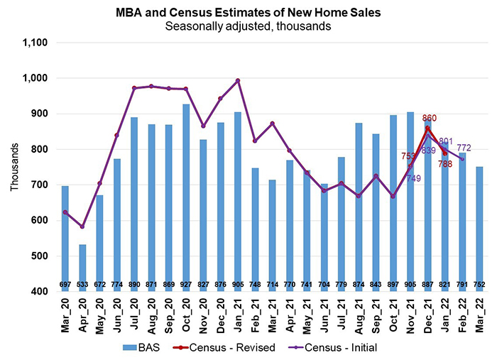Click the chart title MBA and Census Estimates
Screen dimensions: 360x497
point(248,12)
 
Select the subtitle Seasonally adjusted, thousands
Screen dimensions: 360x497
point(248,26)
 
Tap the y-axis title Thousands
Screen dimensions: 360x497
point(15,168)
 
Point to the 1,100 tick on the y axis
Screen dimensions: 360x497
point(35,43)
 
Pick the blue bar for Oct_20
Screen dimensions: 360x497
point(187,192)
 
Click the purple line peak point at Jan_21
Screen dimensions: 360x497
point(239,80)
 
